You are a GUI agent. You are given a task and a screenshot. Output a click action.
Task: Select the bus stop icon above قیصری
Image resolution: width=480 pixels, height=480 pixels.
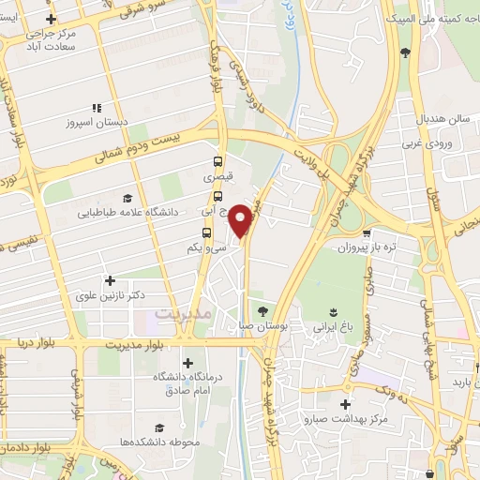217,161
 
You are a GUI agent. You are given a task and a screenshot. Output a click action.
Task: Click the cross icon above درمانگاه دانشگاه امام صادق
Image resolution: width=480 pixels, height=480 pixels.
187,363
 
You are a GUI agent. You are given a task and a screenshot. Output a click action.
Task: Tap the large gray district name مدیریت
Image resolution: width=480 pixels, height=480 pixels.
184,313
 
